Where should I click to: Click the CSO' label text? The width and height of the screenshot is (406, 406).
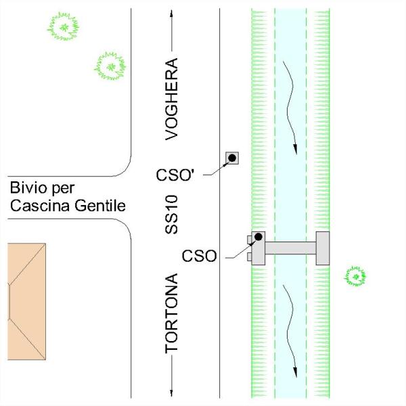(175, 175)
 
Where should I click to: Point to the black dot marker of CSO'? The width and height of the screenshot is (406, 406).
(231, 158)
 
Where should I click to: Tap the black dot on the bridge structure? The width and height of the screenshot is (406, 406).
(258, 237)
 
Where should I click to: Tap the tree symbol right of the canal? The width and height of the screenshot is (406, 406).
(355, 275)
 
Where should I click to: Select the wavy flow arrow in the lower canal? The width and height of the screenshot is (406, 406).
(291, 329)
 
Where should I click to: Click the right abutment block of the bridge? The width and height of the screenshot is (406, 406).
(323, 248)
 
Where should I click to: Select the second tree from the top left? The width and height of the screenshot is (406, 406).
(110, 66)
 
